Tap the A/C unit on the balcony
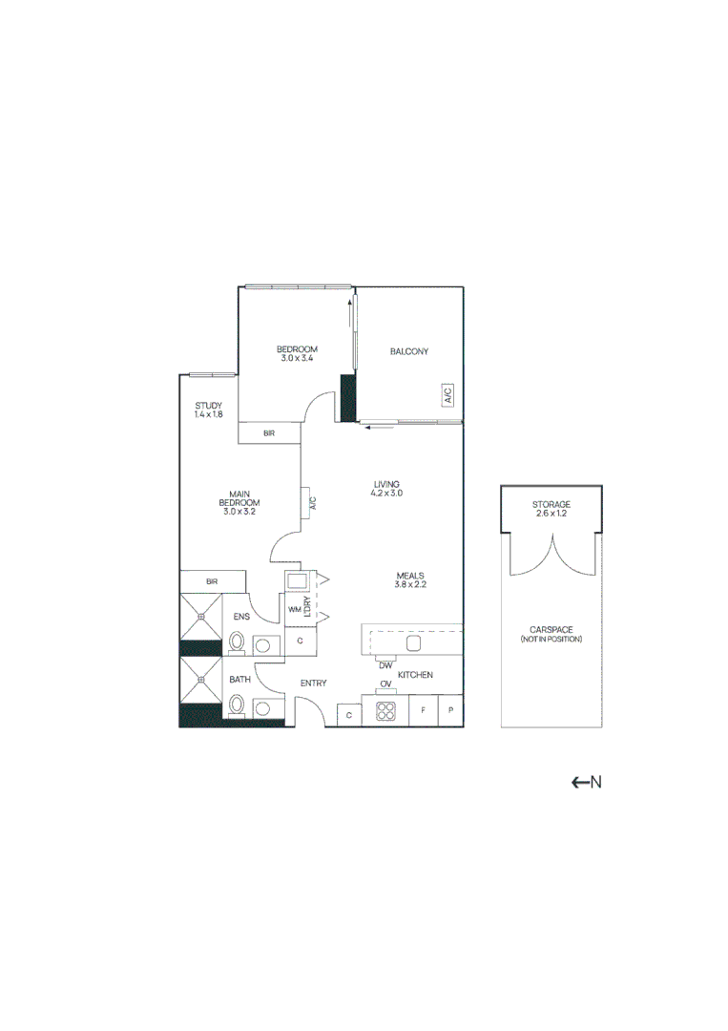447,395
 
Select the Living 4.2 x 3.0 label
386,489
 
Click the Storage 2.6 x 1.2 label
551,509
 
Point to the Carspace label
551,634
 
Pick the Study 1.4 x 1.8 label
208,410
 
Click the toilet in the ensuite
238,644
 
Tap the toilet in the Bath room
238,706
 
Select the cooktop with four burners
386,711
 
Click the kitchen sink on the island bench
413,642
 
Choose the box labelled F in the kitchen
423,712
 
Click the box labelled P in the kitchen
450,712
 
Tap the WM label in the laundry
294,607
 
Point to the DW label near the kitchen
385,665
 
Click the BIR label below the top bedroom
270,434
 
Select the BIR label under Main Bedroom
212,580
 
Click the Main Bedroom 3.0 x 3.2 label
239,502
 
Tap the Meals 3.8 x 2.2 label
410,579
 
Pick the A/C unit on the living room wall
311,503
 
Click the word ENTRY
314,684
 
